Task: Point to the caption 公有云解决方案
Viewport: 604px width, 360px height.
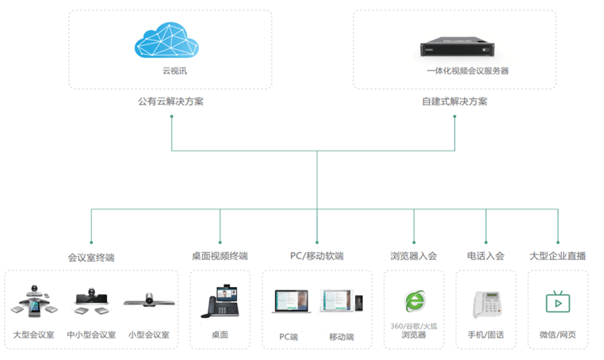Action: click(x=171, y=101)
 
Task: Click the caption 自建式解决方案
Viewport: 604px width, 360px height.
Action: click(x=455, y=101)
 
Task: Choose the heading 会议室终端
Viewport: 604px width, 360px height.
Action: click(x=92, y=257)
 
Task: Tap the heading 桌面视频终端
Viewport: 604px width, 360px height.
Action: click(x=220, y=256)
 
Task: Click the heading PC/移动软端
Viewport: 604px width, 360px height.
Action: click(x=317, y=256)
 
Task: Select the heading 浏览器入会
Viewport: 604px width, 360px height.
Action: click(x=414, y=256)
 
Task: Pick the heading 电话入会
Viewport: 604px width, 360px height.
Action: click(x=486, y=256)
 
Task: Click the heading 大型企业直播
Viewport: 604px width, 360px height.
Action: click(x=558, y=256)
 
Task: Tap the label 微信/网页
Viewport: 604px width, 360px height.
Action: click(x=558, y=335)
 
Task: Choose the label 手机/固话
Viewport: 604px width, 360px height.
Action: click(x=486, y=335)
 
